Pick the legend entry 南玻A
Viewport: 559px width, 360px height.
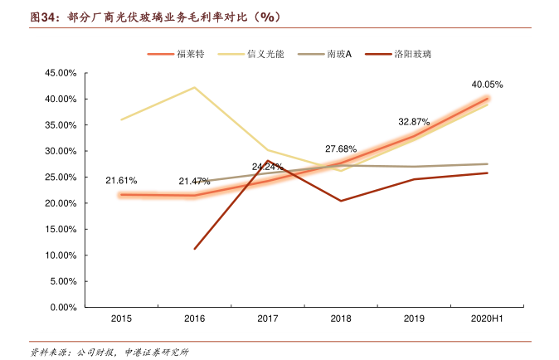[339, 53]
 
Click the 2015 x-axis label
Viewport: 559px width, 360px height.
[122, 319]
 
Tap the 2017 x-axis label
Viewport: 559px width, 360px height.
[268, 319]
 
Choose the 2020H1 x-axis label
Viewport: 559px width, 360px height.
[487, 319]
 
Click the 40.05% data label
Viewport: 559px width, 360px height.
[487, 85]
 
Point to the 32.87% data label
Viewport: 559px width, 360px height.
[414, 121]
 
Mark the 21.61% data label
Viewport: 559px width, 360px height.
[121, 180]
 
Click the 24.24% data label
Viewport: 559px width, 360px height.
[267, 167]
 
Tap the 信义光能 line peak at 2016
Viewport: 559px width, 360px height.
[195, 87]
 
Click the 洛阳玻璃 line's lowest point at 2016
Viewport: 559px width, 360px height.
[195, 249]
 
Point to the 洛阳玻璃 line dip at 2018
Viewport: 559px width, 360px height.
[341, 201]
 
